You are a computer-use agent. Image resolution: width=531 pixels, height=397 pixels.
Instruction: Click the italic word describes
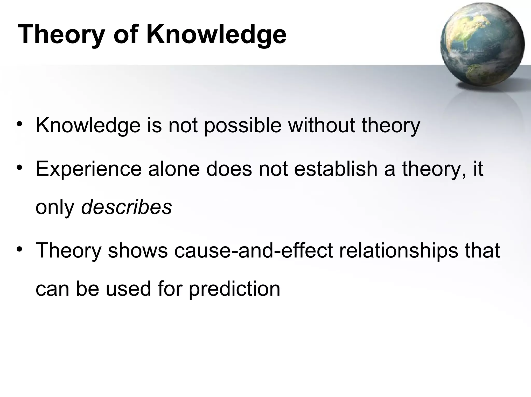pos(126,207)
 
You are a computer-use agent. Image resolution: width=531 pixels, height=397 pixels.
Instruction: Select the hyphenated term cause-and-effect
pos(253,250)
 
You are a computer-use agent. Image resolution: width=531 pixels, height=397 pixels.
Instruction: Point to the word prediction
pos(234,289)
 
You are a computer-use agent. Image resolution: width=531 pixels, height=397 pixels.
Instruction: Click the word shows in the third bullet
pos(138,250)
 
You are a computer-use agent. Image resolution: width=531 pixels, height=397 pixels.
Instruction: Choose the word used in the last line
pos(128,289)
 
